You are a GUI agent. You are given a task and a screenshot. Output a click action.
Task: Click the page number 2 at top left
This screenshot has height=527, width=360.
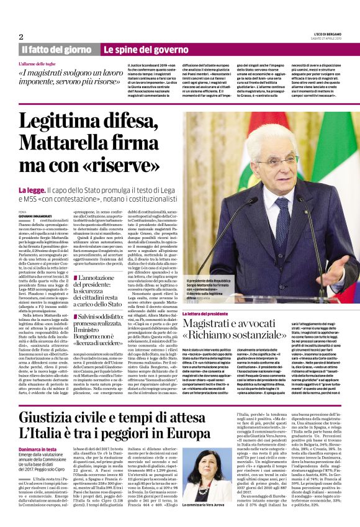click(20, 37)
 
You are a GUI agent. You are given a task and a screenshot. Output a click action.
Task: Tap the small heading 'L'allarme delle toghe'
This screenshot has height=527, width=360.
click(43, 64)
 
